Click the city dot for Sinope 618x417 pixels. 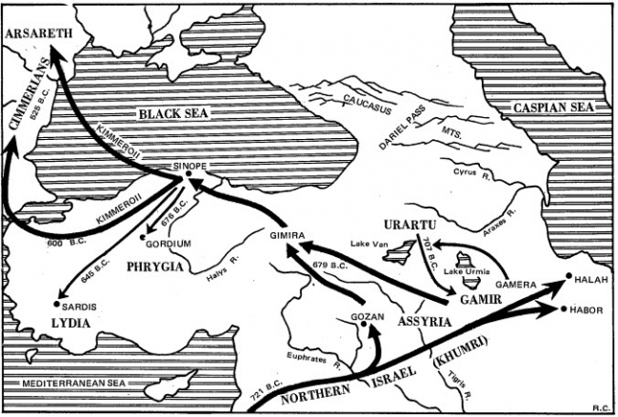(x=198, y=176)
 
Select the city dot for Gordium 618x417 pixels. (x=143, y=236)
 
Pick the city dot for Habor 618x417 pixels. (x=564, y=309)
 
